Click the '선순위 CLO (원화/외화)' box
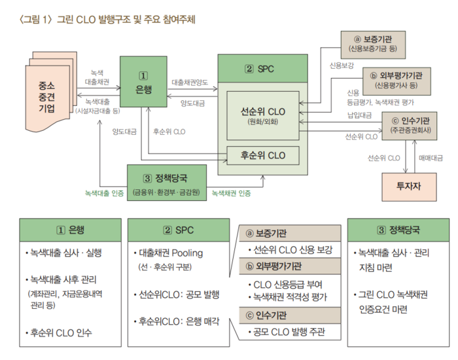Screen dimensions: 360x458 pyautogui.click(x=263, y=115)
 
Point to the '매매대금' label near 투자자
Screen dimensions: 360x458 pyautogui.click(x=430, y=158)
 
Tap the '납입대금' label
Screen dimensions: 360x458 pyautogui.click(x=359, y=115)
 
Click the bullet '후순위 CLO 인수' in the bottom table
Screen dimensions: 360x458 pyautogui.click(x=60, y=333)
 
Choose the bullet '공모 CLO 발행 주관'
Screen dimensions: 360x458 pyautogui.click(x=289, y=332)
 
